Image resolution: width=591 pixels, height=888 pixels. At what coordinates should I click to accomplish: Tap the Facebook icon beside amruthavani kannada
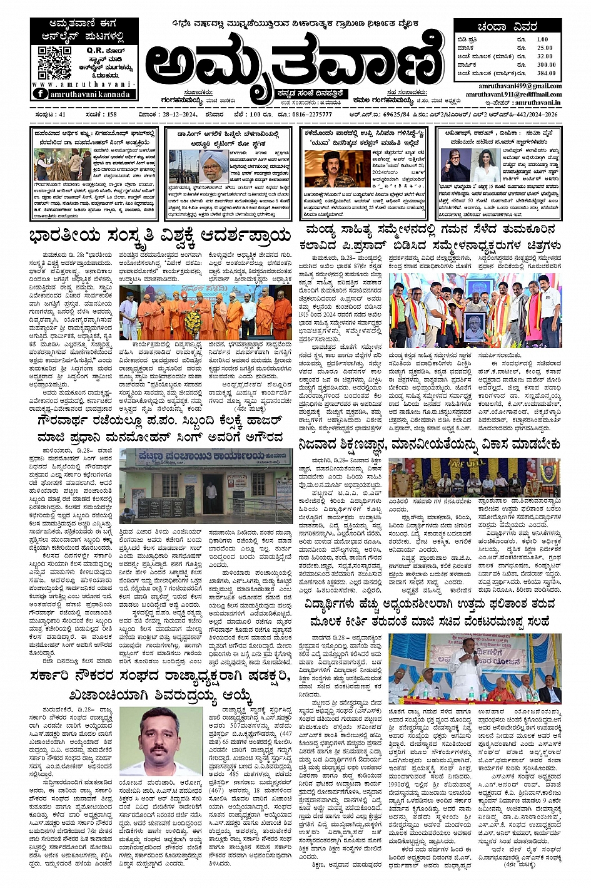pos(40,93)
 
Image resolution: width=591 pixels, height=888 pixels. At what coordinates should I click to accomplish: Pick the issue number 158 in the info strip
pos(112,115)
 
